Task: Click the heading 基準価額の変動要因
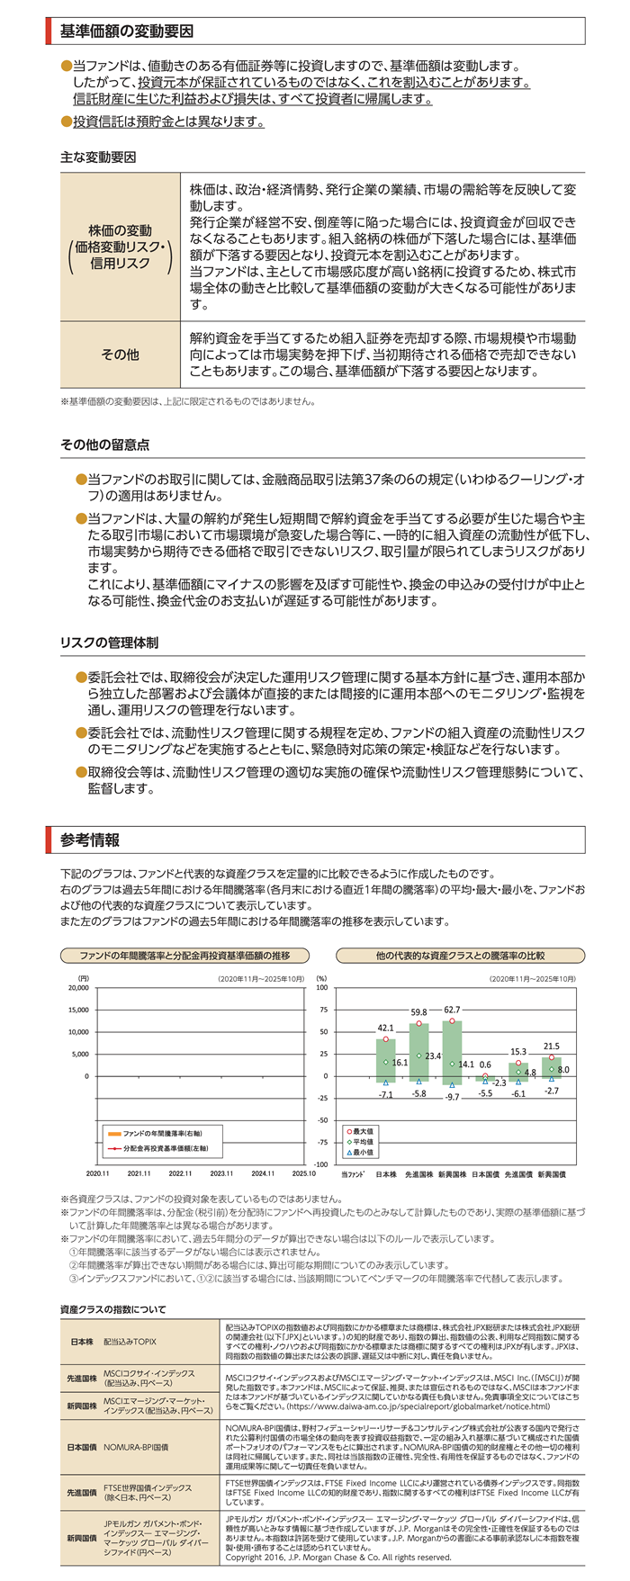[127, 31]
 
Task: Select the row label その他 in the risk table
[120, 355]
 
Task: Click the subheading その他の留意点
[104, 445]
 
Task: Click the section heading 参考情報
[90, 840]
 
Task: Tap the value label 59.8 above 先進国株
[418, 1012]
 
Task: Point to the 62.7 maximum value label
[452, 1010]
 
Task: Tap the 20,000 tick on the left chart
[78, 988]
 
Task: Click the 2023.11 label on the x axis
[221, 1173]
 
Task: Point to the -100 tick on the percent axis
[319, 1164]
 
